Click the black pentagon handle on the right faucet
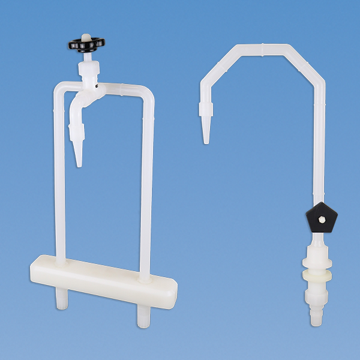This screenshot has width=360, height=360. pyautogui.click(x=321, y=218)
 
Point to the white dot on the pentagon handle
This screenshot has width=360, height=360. pyautogui.click(x=322, y=220)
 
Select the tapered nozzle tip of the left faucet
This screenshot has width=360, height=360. pyautogui.click(x=79, y=154)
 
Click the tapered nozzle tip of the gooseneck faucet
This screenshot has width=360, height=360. pyautogui.click(x=206, y=133)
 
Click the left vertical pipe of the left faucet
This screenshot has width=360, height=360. pyautogui.click(x=59, y=180)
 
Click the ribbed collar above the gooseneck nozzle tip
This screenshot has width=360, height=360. pyautogui.click(x=206, y=109)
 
